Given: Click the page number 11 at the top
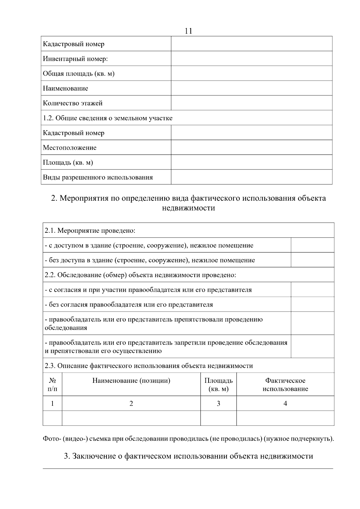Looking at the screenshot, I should click(x=188, y=31).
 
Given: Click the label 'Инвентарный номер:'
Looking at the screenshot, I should click(x=75, y=59).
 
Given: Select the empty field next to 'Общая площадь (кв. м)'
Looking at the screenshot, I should click(x=251, y=73).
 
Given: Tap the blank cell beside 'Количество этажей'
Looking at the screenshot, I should click(x=251, y=103).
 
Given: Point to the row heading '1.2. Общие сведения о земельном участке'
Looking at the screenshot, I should click(x=108, y=118).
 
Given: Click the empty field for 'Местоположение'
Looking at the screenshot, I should click(x=251, y=147).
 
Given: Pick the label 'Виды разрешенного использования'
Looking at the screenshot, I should click(x=98, y=177).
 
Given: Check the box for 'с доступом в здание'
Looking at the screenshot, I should click(x=312, y=245).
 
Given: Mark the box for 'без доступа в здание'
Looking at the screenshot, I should click(x=312, y=260).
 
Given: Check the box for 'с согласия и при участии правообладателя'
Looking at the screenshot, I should click(x=312, y=289).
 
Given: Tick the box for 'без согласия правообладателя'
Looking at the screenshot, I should click(x=312, y=304).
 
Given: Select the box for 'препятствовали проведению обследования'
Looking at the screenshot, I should click(x=312, y=323).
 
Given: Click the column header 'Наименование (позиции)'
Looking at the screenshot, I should click(x=131, y=381).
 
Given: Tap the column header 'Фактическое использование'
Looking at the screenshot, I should click(x=285, y=385).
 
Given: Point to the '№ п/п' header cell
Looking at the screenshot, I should click(x=52, y=385).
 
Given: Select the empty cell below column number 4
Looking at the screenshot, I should click(x=285, y=418).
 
